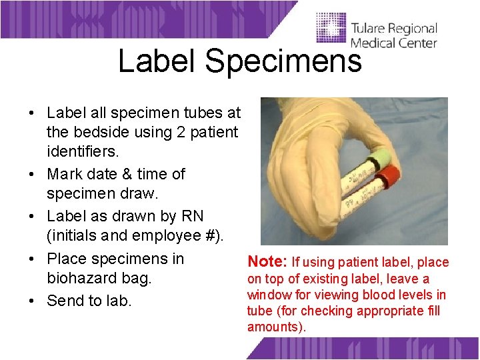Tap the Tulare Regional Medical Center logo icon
point(331,30)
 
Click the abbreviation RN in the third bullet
point(191,217)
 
